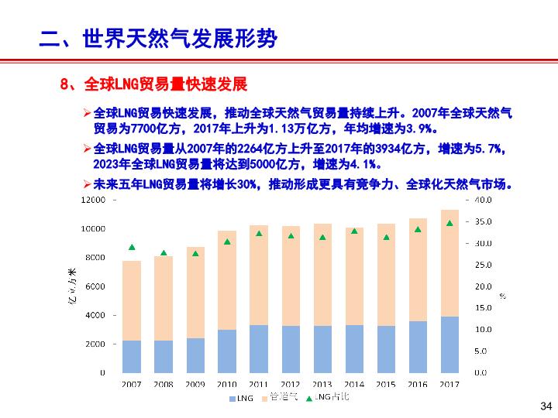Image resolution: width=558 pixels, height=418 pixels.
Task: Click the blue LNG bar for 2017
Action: (x=449, y=344)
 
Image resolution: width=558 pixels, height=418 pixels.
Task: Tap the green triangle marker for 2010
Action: (x=227, y=242)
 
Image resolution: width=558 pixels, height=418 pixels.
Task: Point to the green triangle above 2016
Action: (x=418, y=229)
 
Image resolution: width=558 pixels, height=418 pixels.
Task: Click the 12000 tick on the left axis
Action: (x=93, y=200)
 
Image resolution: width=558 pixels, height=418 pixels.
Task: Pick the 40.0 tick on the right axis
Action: (x=482, y=200)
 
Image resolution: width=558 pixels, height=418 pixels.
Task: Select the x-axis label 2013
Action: (x=322, y=384)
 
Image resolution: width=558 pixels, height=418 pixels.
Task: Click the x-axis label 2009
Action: (x=195, y=384)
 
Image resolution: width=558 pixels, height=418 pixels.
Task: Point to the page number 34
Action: (x=545, y=406)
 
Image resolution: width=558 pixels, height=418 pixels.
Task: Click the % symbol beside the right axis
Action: (x=502, y=296)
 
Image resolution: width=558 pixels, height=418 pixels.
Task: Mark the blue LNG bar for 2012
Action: (x=291, y=349)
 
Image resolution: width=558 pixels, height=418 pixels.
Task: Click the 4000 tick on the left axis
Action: (x=95, y=315)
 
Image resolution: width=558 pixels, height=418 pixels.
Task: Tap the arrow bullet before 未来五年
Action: (x=88, y=185)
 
